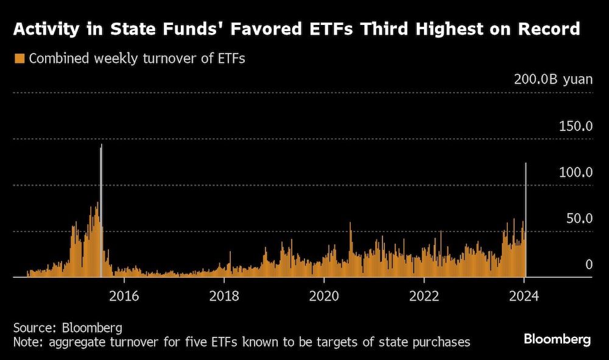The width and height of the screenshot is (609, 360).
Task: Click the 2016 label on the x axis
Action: click(x=124, y=297)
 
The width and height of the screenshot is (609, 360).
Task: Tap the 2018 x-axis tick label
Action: click(x=224, y=297)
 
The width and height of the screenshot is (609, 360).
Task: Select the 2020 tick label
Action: click(x=323, y=297)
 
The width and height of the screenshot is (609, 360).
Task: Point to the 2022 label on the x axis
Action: click(x=424, y=297)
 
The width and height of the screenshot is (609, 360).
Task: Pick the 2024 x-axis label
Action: click(x=524, y=297)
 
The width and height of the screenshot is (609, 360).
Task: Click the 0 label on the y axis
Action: click(x=589, y=264)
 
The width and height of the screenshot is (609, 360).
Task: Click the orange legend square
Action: click(x=19, y=59)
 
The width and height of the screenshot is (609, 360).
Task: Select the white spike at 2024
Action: click(x=526, y=219)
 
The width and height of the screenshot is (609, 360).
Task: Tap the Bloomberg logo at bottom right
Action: click(x=557, y=340)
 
